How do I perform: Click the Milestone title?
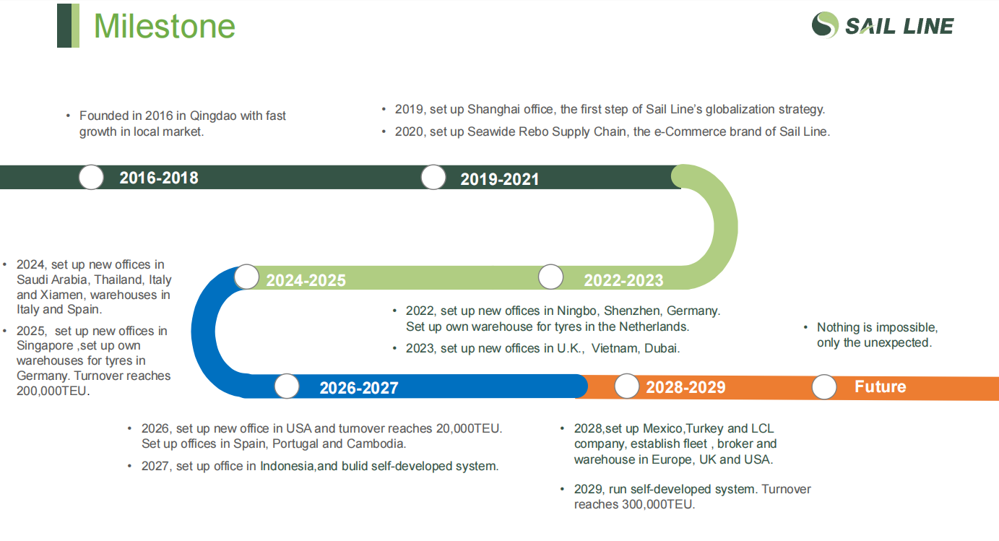(x=164, y=26)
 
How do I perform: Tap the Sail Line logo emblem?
(x=825, y=25)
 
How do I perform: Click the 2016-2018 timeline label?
(x=159, y=178)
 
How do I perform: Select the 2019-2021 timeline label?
(x=500, y=179)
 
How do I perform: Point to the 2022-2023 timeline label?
(x=623, y=280)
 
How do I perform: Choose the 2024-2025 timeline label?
(x=306, y=280)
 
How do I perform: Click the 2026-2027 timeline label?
(x=359, y=388)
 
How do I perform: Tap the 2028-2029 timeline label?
(x=686, y=387)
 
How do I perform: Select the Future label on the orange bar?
(x=881, y=386)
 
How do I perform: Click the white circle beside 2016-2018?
(x=92, y=177)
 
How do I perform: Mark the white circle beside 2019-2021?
(x=433, y=177)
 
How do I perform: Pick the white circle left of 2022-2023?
(x=551, y=277)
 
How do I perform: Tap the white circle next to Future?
(x=824, y=386)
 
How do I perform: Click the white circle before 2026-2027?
(x=287, y=386)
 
